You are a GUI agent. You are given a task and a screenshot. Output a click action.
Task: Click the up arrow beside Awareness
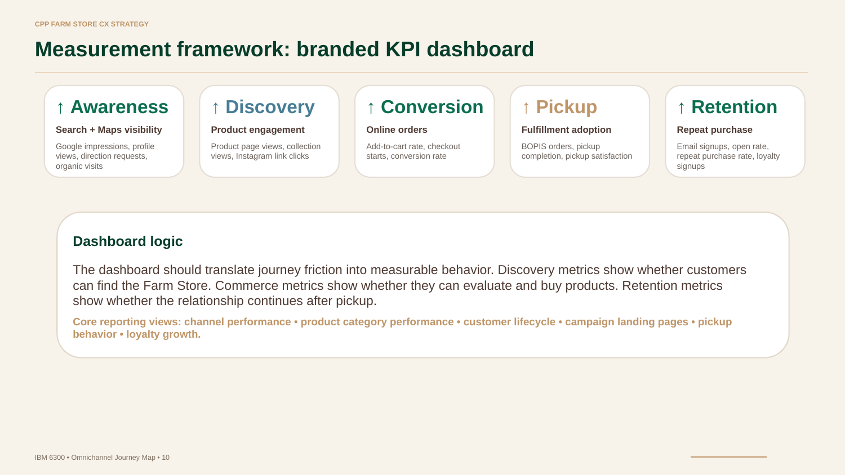(x=60, y=107)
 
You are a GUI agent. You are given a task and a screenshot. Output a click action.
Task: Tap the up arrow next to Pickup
(x=526, y=107)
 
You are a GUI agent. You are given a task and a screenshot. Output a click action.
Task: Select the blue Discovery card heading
(x=270, y=107)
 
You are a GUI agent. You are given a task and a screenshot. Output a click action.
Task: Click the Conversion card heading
(x=432, y=107)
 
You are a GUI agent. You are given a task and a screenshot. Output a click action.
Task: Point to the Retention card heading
(x=734, y=107)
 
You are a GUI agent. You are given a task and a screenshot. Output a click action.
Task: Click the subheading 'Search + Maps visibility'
(x=109, y=129)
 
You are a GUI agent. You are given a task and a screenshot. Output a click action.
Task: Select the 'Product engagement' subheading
(x=257, y=129)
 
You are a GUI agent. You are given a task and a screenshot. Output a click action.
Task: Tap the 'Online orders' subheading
(x=397, y=129)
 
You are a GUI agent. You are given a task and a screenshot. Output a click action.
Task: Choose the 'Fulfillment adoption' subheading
(x=566, y=129)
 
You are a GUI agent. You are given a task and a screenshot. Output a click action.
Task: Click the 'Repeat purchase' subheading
(x=714, y=129)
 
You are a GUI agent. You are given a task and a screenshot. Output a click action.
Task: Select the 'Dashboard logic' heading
(x=127, y=241)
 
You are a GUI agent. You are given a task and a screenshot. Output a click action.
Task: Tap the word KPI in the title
(x=403, y=50)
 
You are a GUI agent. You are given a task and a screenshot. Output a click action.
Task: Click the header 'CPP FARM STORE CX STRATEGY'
(x=92, y=24)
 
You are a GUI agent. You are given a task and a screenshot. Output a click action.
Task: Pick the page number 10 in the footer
(x=166, y=458)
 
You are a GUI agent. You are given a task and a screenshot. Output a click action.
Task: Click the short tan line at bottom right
(x=728, y=457)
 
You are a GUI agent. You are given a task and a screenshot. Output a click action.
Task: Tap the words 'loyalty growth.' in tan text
(x=163, y=334)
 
